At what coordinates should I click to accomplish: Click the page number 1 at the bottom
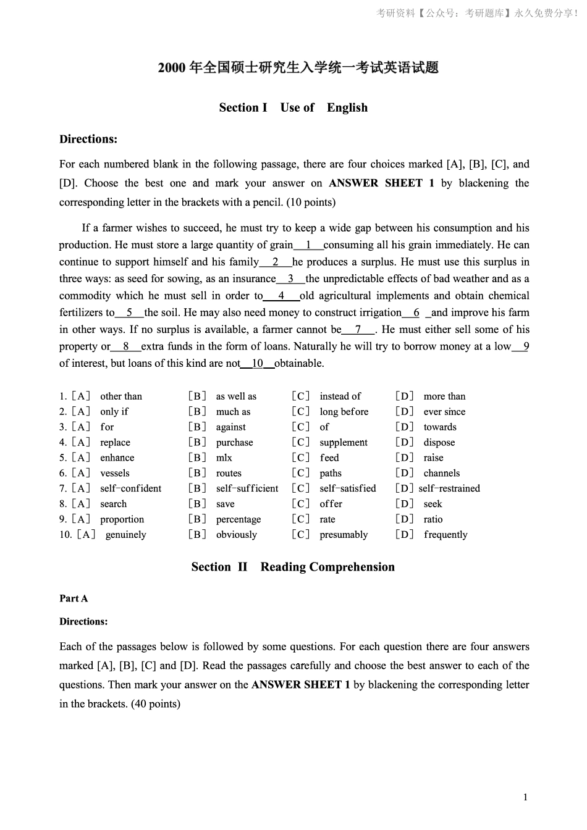pos(525,797)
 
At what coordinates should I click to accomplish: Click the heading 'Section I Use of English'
pos(293,107)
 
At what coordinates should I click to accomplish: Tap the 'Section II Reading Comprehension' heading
pos(293,567)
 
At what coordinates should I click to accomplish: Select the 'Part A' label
pos(74,598)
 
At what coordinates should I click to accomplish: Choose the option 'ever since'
pos(444,412)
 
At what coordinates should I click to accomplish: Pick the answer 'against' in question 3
pos(230,427)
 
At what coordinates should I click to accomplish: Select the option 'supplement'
pos(343,443)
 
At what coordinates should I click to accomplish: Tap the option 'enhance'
pos(117,458)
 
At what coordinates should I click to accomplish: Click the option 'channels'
pos(441,474)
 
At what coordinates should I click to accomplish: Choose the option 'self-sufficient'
pos(247,488)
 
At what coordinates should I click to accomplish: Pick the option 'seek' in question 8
pos(433,504)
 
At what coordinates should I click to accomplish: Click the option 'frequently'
pos(446,535)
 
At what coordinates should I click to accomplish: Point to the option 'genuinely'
pos(125,535)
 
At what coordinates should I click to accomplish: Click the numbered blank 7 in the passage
pos(358,330)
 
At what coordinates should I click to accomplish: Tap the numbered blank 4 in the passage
pos(281,296)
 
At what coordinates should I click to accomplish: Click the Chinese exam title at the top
pos(298,68)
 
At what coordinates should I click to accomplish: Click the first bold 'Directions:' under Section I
pos(88,140)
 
